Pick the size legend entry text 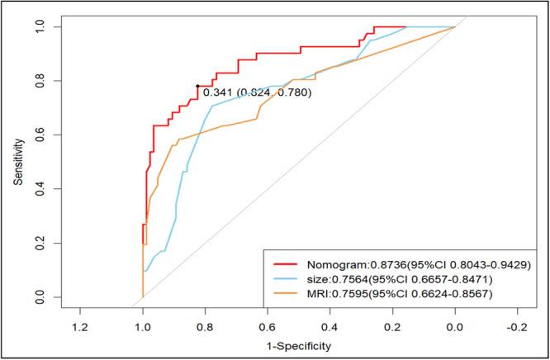pyautogui.click(x=401, y=278)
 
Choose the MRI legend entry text pyautogui.click(x=400, y=294)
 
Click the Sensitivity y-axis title pyautogui.click(x=17, y=161)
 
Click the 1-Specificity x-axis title pyautogui.click(x=299, y=341)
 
